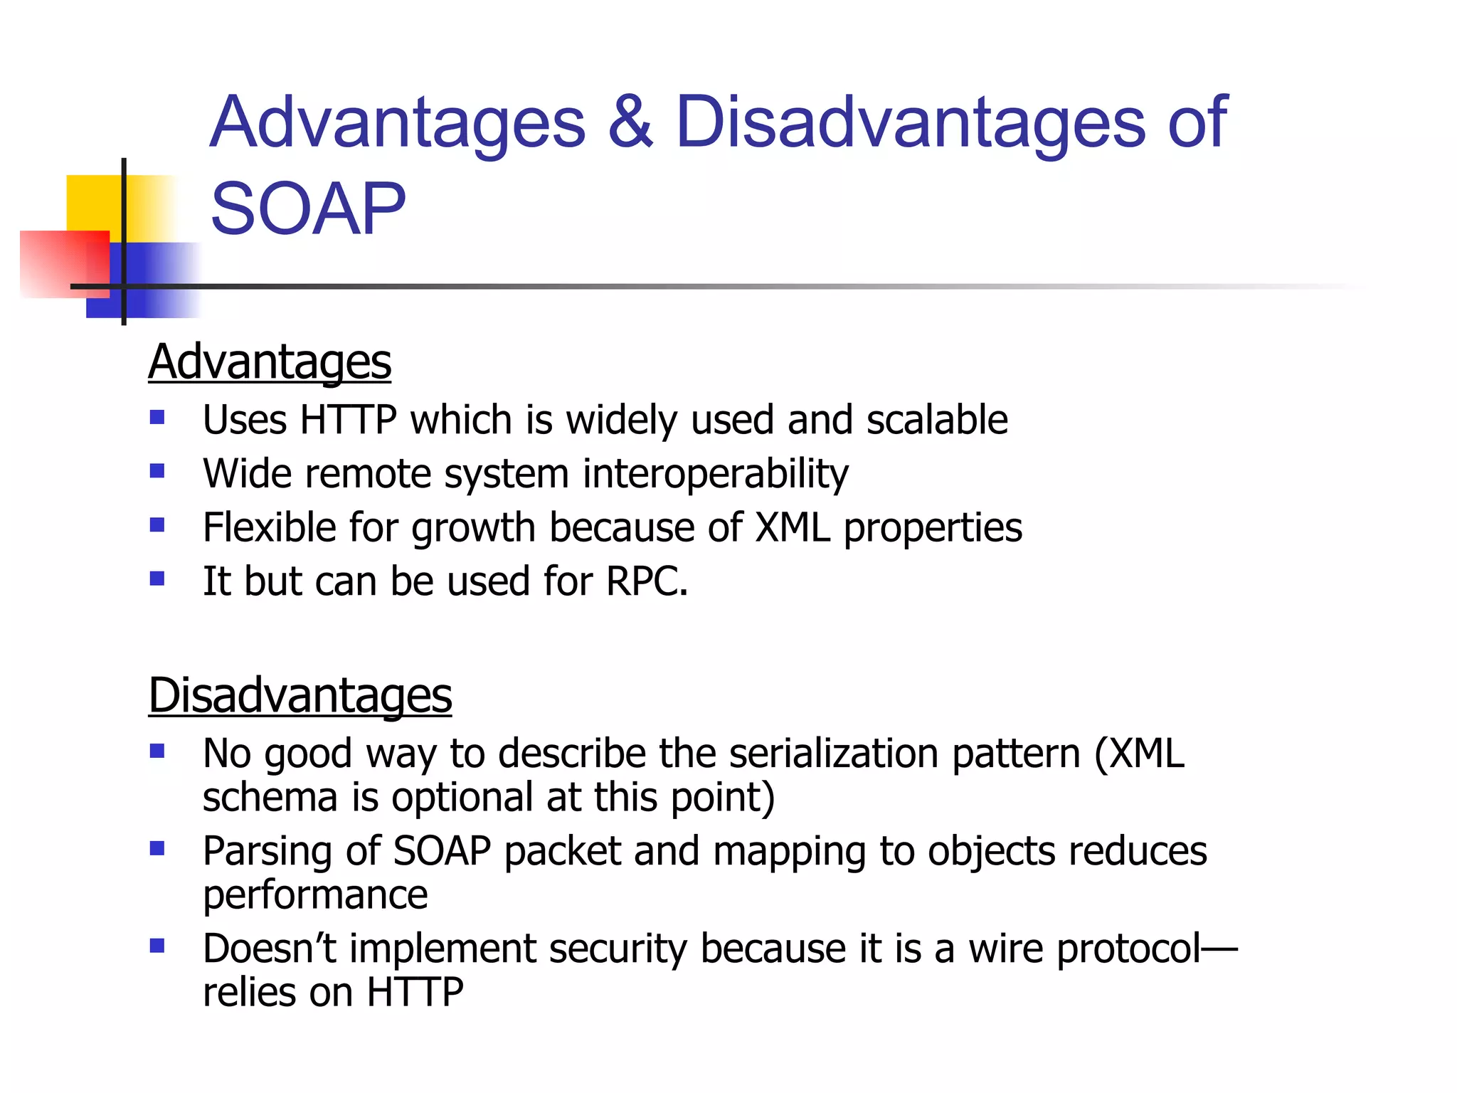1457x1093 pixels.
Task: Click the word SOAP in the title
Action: (307, 209)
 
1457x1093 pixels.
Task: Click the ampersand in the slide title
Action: (630, 122)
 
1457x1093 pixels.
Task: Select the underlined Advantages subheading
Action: (270, 362)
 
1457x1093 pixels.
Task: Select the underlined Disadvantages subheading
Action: (300, 695)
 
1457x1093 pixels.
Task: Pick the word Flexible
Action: (269, 528)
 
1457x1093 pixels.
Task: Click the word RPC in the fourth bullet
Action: (645, 581)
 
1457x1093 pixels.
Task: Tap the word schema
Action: (270, 798)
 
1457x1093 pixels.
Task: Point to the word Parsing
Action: (267, 852)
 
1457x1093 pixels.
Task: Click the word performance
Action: (315, 895)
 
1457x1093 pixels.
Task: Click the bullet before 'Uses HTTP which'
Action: (157, 418)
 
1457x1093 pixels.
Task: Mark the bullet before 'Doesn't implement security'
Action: (157, 946)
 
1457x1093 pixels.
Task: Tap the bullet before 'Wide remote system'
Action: (157, 471)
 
